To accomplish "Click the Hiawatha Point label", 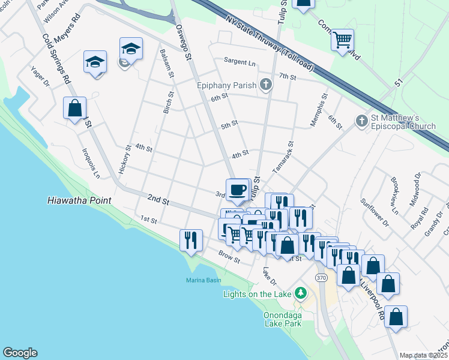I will pyautogui.click(x=79, y=200).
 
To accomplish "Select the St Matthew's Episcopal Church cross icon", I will pyautogui.click(x=361, y=121).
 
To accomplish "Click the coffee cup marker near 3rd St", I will pyautogui.click(x=238, y=190).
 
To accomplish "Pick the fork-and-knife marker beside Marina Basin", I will pyautogui.click(x=190, y=240).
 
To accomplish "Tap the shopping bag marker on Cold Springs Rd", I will pyautogui.click(x=75, y=109).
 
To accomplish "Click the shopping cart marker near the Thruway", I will pyautogui.click(x=342, y=40).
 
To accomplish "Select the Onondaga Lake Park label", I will pyautogui.click(x=282, y=319).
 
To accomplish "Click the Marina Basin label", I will pyautogui.click(x=203, y=280).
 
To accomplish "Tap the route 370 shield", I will pyautogui.click(x=321, y=278).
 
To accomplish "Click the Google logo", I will pyautogui.click(x=20, y=353).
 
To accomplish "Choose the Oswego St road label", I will pyautogui.click(x=183, y=41).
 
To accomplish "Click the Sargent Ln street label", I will pyautogui.click(x=240, y=62).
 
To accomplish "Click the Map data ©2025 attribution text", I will pyautogui.click(x=424, y=355).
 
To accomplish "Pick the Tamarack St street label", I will pyautogui.click(x=283, y=157).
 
